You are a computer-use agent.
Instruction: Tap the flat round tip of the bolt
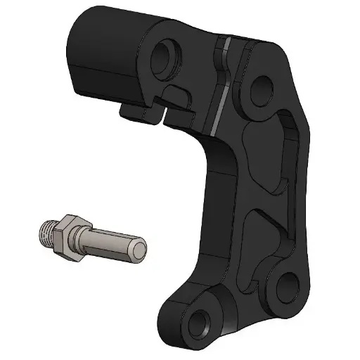click(139, 249)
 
